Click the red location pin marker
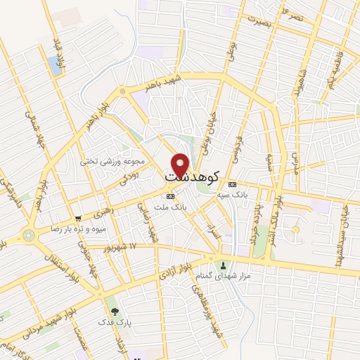point(180,165)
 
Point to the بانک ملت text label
point(169,207)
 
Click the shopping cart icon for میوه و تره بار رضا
point(77,218)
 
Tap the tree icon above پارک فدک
point(112,311)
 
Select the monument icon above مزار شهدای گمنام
point(224,265)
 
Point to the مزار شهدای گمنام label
point(224,276)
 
